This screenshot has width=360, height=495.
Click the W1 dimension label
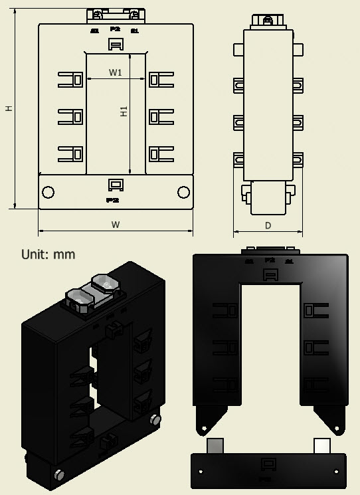(x=116, y=72)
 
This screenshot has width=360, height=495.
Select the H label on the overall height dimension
(x=9, y=108)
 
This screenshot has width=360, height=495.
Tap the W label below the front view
(x=116, y=225)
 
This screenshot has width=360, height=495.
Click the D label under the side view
(x=268, y=225)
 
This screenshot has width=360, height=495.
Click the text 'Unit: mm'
(x=48, y=254)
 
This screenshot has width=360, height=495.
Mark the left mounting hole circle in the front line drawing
(x=48, y=192)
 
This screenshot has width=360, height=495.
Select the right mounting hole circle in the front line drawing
(x=183, y=192)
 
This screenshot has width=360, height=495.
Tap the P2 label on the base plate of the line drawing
(x=112, y=199)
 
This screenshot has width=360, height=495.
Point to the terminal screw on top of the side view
(x=268, y=20)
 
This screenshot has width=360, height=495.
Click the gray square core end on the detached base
(x=217, y=445)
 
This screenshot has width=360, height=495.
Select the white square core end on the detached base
(x=321, y=445)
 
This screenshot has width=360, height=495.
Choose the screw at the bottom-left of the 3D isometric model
(x=59, y=474)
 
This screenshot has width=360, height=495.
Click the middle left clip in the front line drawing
(x=69, y=117)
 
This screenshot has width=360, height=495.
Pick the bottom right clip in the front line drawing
(x=161, y=153)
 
